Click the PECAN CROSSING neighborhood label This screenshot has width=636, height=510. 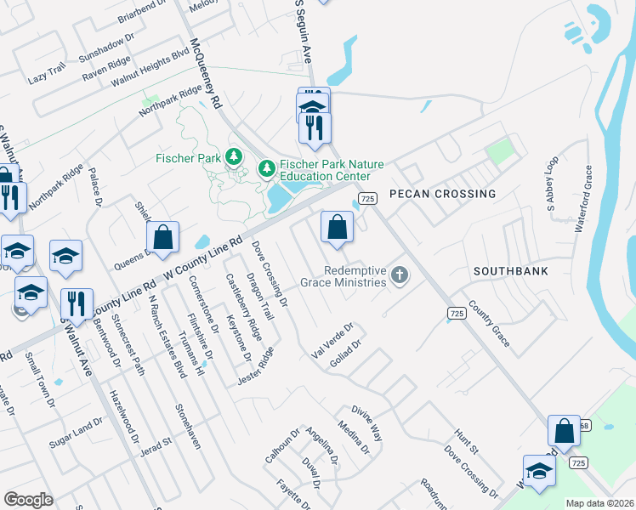pos(442,194)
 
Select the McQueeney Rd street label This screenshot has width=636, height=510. pos(206,76)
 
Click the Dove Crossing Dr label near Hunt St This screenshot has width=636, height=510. pos(470,475)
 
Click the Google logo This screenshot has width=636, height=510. pos(28,500)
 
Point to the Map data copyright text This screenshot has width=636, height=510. pos(599,503)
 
